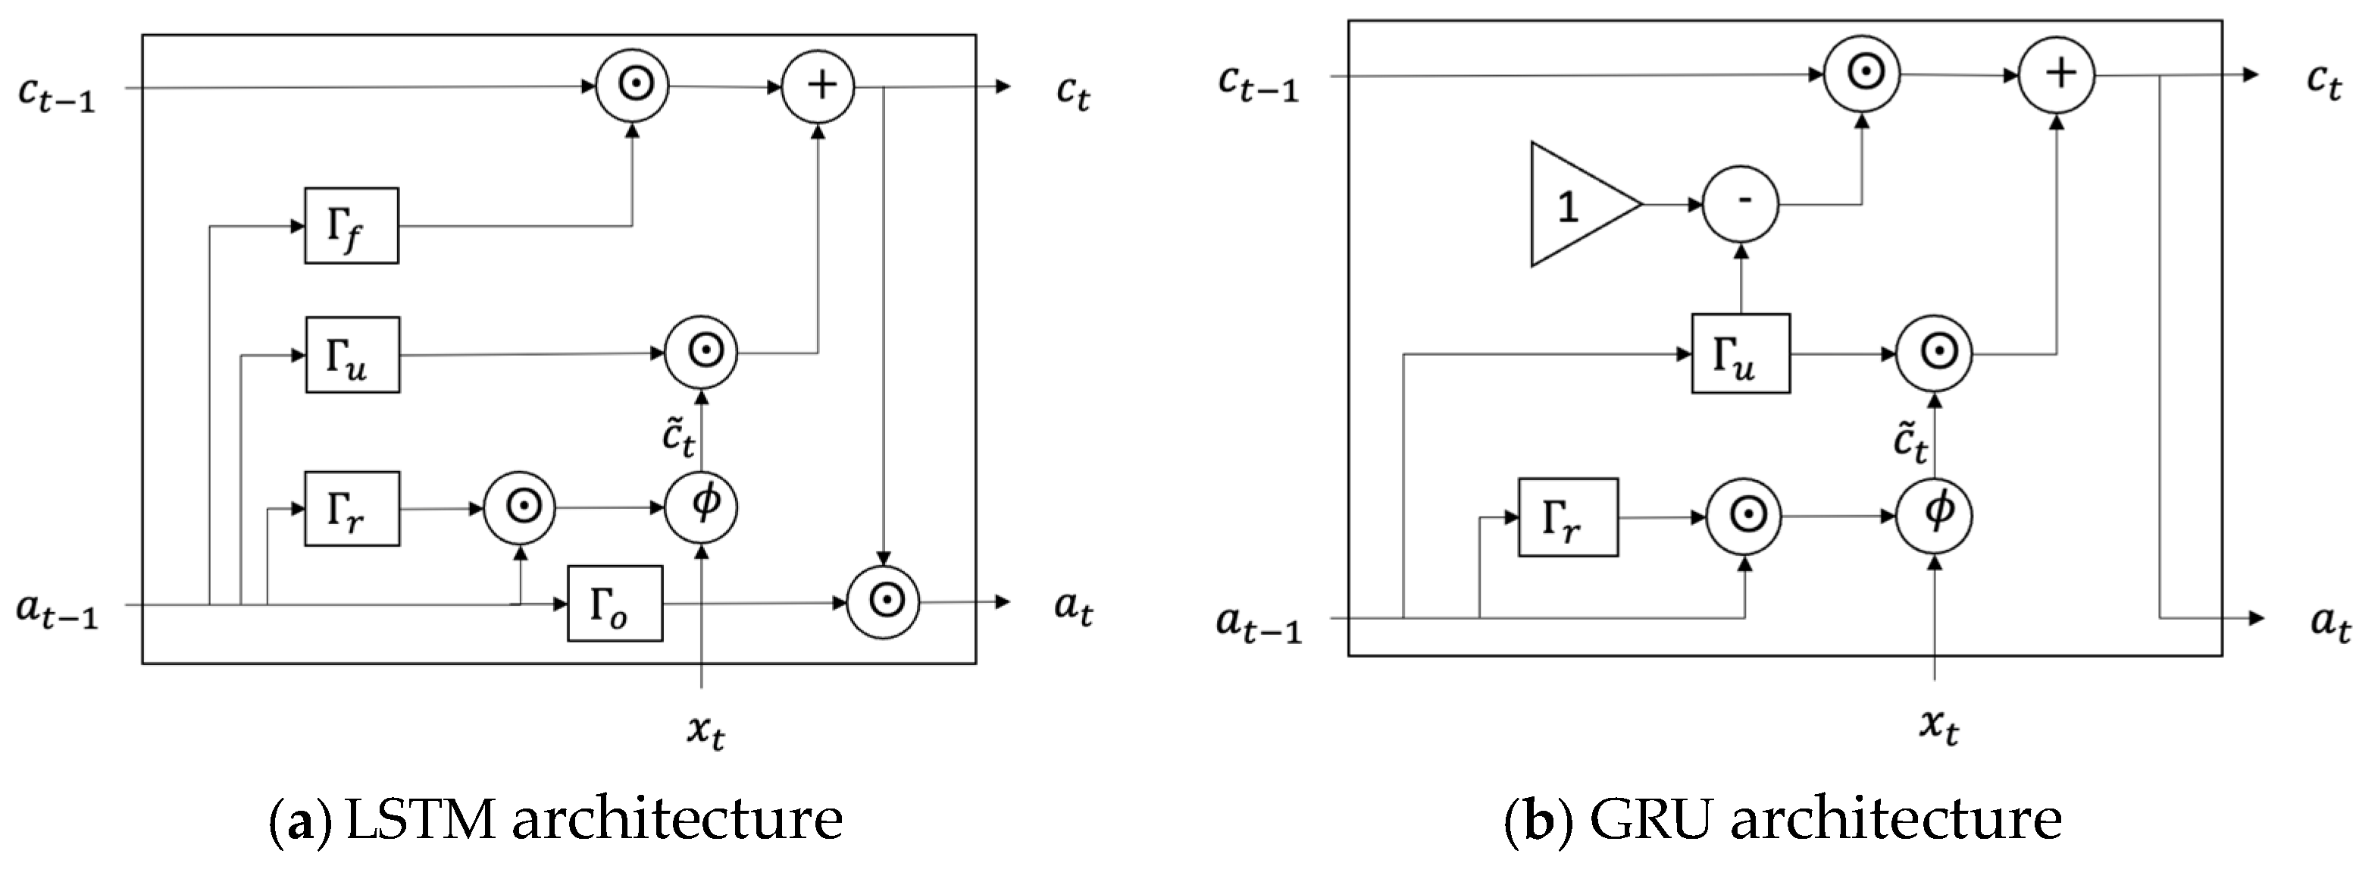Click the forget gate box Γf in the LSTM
coord(352,226)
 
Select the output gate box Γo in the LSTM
coord(615,603)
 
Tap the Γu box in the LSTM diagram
coord(352,355)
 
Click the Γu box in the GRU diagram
coord(1740,353)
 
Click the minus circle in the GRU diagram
coord(1740,203)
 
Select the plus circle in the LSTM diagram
coord(818,86)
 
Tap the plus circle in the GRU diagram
coord(2057,74)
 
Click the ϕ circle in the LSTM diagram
coord(702,507)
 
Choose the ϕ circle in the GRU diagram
coord(1934,516)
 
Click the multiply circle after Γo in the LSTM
coord(884,602)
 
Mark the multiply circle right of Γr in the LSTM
coord(519,507)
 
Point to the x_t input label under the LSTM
coord(706,732)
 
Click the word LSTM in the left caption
coord(422,819)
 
